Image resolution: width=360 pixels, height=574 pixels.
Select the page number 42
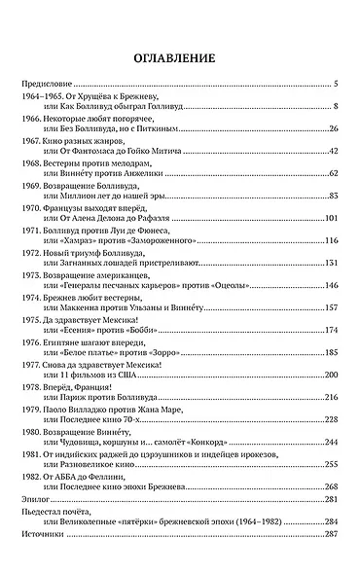pos(333,151)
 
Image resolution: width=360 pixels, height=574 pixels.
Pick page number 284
pos(331,520)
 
